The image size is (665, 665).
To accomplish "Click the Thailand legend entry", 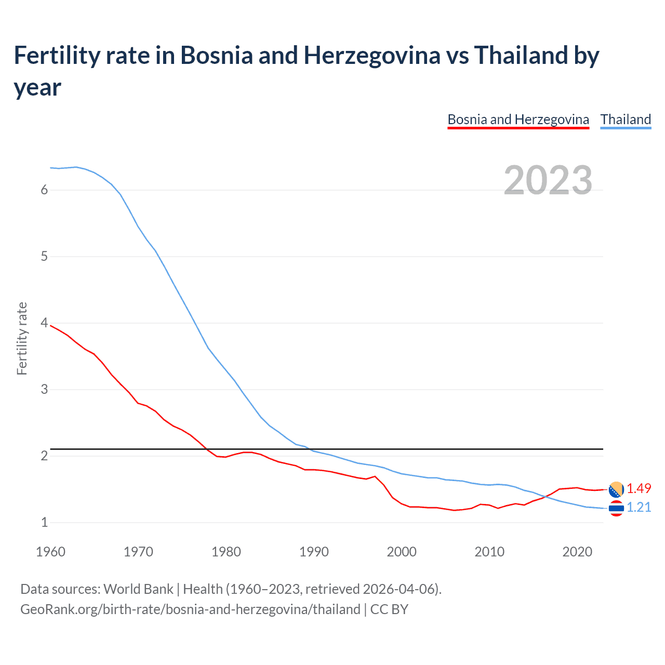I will [x=626, y=119].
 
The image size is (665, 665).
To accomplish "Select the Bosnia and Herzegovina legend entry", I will [x=518, y=119].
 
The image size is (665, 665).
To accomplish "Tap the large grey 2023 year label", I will [x=548, y=180].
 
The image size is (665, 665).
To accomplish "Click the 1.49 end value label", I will [x=639, y=488].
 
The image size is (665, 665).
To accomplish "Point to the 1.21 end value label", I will [x=639, y=507].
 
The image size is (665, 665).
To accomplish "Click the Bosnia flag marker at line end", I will [x=616, y=489].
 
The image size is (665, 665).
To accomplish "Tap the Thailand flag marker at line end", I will [x=616, y=508].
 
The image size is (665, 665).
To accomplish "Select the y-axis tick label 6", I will [x=44, y=190].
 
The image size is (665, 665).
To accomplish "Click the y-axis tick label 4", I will [x=44, y=323].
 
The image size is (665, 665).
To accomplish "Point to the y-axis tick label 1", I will [x=44, y=522].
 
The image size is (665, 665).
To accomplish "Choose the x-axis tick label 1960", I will [x=50, y=552].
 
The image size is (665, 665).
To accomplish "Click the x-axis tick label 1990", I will [x=314, y=552].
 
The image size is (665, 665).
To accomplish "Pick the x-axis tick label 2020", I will [x=577, y=552].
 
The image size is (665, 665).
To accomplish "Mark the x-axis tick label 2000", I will [x=402, y=552].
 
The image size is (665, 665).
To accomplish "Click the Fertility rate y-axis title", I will [x=22, y=338].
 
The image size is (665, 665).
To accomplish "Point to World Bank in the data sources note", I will [x=138, y=589].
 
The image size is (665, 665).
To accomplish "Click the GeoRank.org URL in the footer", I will [x=190, y=609].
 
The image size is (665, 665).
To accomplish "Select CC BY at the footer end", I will [x=389, y=609].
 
